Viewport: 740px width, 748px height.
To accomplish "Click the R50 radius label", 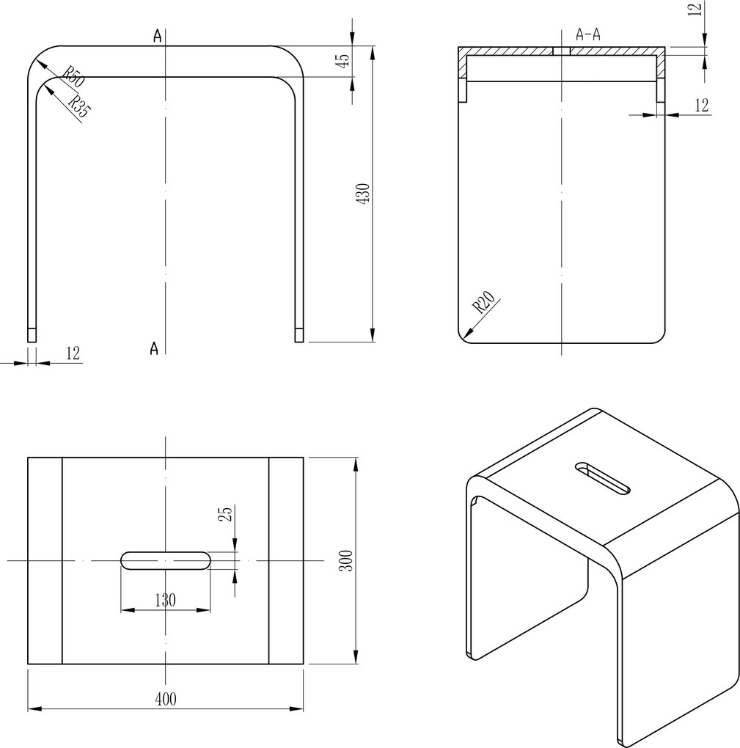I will point(71,77).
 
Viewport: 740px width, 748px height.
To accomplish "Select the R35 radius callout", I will point(78,107).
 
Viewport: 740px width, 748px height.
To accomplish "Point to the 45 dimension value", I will point(341,60).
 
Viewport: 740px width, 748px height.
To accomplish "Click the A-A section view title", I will point(587,34).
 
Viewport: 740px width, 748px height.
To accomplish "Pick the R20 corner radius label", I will point(484,302).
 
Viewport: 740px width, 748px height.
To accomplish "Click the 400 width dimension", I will point(166,699).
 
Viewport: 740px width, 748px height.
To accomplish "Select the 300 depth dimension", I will point(347,560).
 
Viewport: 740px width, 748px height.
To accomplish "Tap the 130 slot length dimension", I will point(165,600).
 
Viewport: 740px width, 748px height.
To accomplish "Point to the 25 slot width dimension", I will point(226,514).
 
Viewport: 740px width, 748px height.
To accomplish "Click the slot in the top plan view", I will point(166,560).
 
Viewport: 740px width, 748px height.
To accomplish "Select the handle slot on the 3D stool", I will point(603,477).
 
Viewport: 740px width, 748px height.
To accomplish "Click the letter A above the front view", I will point(157,37).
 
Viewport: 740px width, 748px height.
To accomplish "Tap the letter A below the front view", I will point(154,348).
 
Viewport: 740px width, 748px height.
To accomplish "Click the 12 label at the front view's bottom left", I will point(72,353).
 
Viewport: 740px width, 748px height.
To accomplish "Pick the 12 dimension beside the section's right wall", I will point(701,106).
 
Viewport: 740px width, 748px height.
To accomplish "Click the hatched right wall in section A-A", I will point(660,66).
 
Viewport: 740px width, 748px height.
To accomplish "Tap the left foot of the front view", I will point(32,335).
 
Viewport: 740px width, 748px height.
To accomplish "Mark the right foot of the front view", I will point(299,335).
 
